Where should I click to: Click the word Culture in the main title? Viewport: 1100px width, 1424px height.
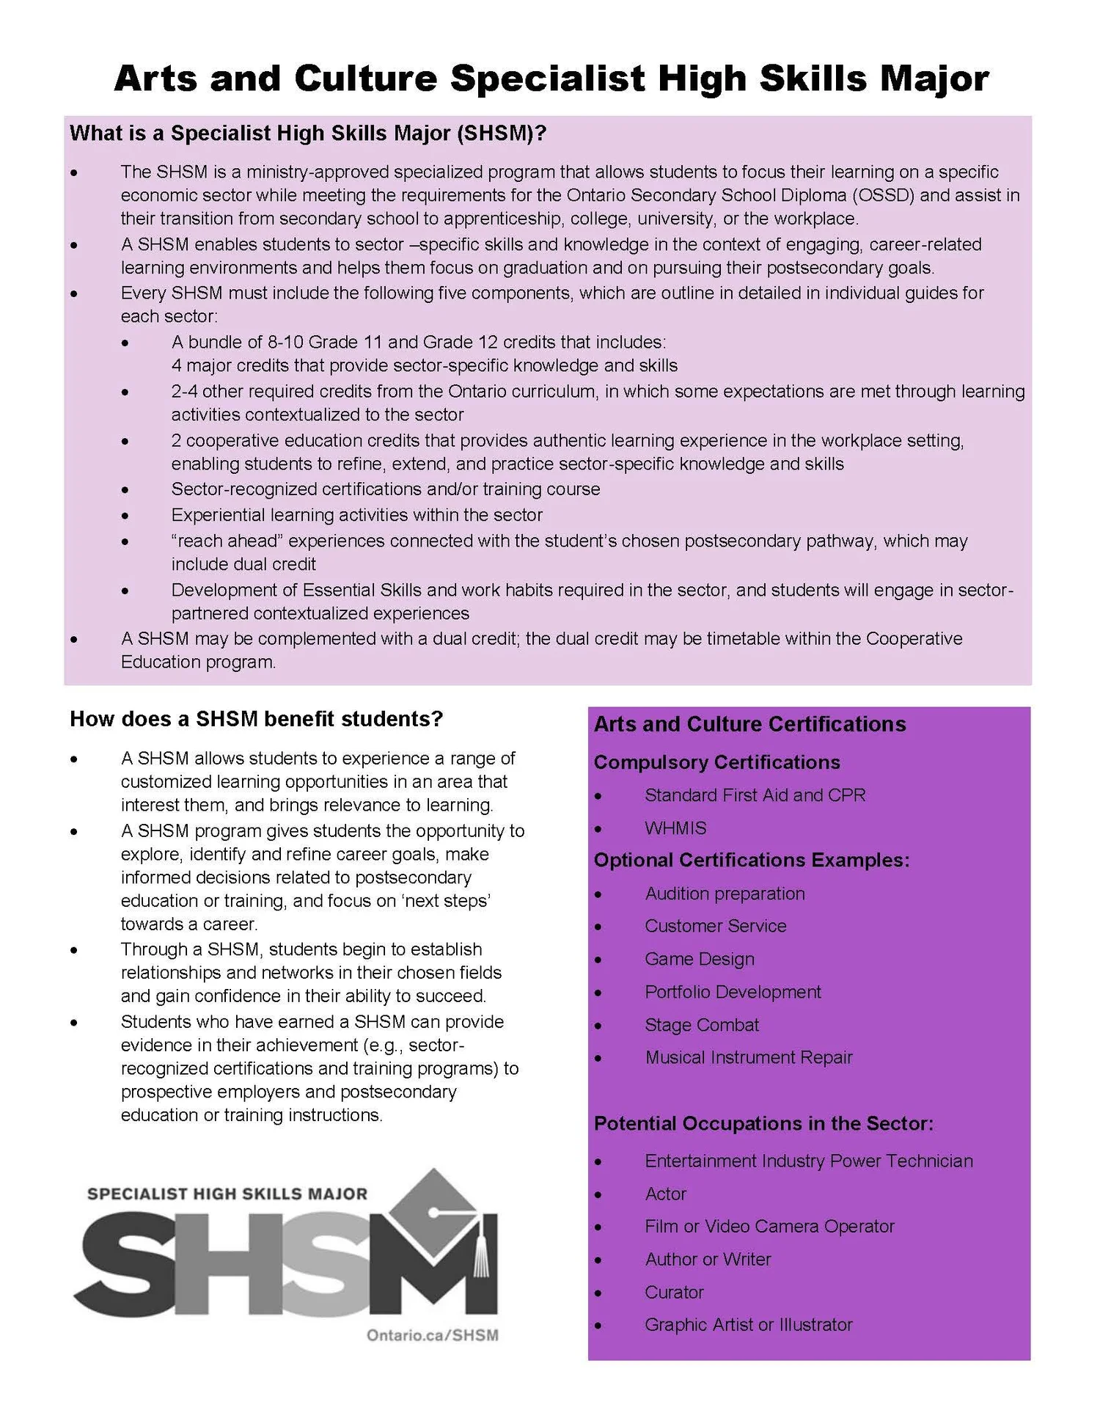click(366, 78)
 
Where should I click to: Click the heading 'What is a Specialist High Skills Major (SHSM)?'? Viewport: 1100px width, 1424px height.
click(308, 134)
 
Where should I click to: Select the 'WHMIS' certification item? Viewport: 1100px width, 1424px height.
click(675, 828)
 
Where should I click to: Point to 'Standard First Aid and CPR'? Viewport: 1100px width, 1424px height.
click(755, 795)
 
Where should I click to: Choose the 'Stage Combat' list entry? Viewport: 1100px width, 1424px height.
click(702, 1025)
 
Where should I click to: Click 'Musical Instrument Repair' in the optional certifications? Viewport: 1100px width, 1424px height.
click(749, 1057)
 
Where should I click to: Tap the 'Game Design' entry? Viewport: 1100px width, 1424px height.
click(700, 959)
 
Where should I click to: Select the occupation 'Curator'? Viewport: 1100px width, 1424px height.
click(674, 1292)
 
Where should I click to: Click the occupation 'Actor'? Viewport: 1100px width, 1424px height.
click(665, 1194)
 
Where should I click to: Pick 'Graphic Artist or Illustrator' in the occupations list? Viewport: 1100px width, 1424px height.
click(749, 1324)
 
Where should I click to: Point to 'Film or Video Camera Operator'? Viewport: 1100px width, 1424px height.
click(769, 1226)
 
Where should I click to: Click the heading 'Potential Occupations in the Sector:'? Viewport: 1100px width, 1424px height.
click(763, 1123)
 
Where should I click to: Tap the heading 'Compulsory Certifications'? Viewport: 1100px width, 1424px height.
click(716, 762)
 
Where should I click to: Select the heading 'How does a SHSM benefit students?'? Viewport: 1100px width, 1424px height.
click(257, 719)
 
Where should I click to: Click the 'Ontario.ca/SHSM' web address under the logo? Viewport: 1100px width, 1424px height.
click(433, 1335)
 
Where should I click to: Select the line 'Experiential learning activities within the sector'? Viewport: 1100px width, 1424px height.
click(357, 515)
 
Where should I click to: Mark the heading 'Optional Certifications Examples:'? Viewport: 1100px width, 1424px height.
click(751, 860)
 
